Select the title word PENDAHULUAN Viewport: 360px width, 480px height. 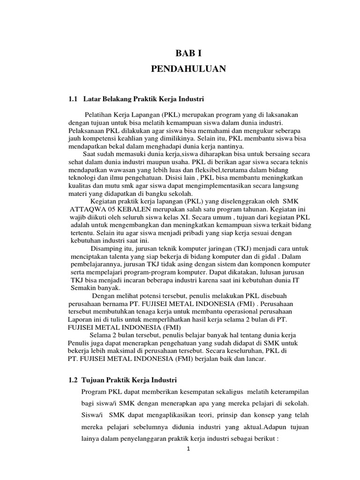tap(188, 70)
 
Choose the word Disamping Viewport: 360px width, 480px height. tap(106, 248)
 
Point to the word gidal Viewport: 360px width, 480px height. tap(274, 256)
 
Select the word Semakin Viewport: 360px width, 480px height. tap(83, 288)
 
